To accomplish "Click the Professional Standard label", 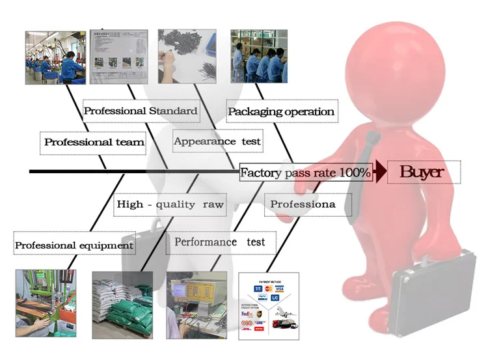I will (141, 111).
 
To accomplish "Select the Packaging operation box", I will (282, 111).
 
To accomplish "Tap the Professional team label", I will (94, 141).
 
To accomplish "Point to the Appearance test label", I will (217, 141).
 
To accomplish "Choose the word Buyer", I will (422, 172).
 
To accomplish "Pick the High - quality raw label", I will (170, 204).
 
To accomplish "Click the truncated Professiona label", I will (303, 204).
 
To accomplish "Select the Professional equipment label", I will (74, 245).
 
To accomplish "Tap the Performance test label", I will (220, 242).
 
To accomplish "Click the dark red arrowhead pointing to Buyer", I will (379, 173).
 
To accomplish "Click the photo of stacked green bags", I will (122, 305).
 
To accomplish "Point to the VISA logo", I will (279, 288).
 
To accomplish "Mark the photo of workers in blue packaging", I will (259, 57).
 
